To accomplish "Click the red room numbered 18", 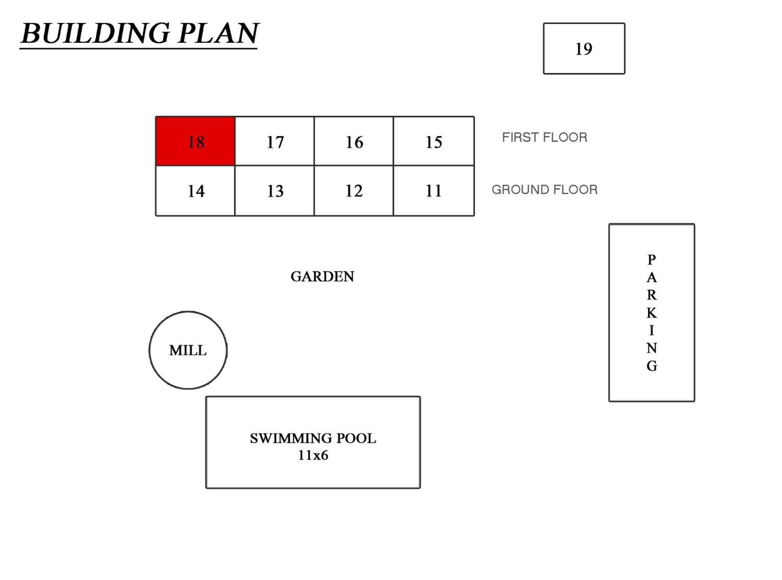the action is [x=195, y=141].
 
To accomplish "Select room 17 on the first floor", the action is [x=275, y=141].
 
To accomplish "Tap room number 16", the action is [x=354, y=141].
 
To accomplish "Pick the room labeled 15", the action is [x=434, y=141].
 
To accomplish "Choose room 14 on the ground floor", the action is [x=195, y=191].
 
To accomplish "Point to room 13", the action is [x=275, y=191].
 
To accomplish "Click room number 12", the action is [x=354, y=191].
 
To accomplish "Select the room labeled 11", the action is [x=434, y=191].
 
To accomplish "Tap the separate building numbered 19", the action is [x=584, y=49].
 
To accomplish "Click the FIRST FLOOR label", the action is [x=544, y=137].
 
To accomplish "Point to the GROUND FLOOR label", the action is [x=544, y=190].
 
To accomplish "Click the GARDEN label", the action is [x=322, y=276].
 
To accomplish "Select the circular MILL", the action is [x=188, y=350].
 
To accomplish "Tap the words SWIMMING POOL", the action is [x=313, y=438].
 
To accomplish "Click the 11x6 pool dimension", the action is [x=313, y=455].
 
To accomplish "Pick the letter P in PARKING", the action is [x=652, y=259].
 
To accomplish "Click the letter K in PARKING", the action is [x=652, y=313].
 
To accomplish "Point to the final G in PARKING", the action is [x=652, y=366].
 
